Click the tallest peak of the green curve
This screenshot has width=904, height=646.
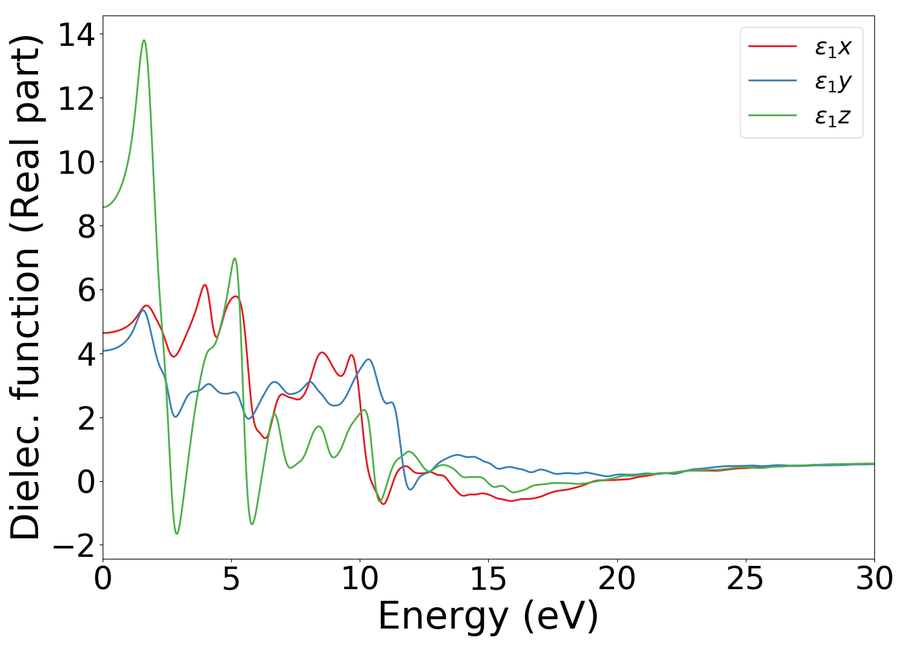point(144,41)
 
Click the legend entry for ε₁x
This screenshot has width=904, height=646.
point(833,47)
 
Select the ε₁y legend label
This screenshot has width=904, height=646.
point(833,82)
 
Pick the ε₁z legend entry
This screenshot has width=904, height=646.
point(833,117)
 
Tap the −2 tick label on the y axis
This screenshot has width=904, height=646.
point(76,546)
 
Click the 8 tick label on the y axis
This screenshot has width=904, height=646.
point(86,226)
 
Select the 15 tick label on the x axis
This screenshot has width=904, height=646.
point(488,579)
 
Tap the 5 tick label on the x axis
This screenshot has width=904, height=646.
point(231,579)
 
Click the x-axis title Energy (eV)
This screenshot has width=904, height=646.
point(488,616)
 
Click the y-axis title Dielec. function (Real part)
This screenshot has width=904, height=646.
point(26,287)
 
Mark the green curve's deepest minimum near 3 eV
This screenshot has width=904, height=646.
point(177,534)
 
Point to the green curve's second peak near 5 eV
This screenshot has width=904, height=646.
point(234,258)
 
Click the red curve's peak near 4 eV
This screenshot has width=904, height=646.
point(205,285)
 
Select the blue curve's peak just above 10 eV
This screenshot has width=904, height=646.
point(368,359)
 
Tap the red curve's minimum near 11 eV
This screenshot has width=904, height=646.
point(384,504)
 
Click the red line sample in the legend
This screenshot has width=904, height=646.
point(772,47)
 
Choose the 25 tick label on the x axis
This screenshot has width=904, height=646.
point(746,579)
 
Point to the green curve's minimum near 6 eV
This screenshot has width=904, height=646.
point(252,524)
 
